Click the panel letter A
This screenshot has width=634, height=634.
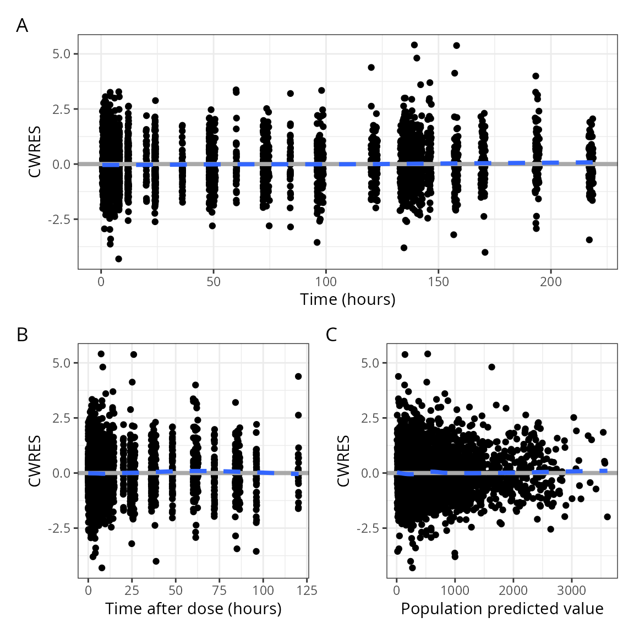click(22, 25)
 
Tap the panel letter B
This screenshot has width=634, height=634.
click(22, 335)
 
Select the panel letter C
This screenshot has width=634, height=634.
click(331, 335)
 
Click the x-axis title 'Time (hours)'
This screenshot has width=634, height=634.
click(347, 299)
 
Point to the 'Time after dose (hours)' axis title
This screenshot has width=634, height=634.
click(193, 609)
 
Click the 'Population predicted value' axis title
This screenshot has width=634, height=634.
click(502, 609)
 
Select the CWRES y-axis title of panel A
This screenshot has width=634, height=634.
click(35, 152)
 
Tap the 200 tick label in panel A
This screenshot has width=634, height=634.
click(550, 282)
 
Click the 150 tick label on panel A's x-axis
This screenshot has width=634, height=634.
click(438, 282)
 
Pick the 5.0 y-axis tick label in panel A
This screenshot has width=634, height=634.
click(62, 54)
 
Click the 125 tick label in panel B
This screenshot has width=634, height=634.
click(307, 591)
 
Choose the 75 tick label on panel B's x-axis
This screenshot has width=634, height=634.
click(219, 591)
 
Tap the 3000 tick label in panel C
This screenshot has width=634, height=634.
click(571, 591)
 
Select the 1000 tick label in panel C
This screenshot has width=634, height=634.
click(455, 591)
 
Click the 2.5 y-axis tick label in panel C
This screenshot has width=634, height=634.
click(370, 418)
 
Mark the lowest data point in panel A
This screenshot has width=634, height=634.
click(118, 259)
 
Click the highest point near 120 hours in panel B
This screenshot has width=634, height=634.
click(298, 376)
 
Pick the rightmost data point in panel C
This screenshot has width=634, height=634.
click(607, 517)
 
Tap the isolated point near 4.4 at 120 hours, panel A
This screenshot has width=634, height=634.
click(371, 68)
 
